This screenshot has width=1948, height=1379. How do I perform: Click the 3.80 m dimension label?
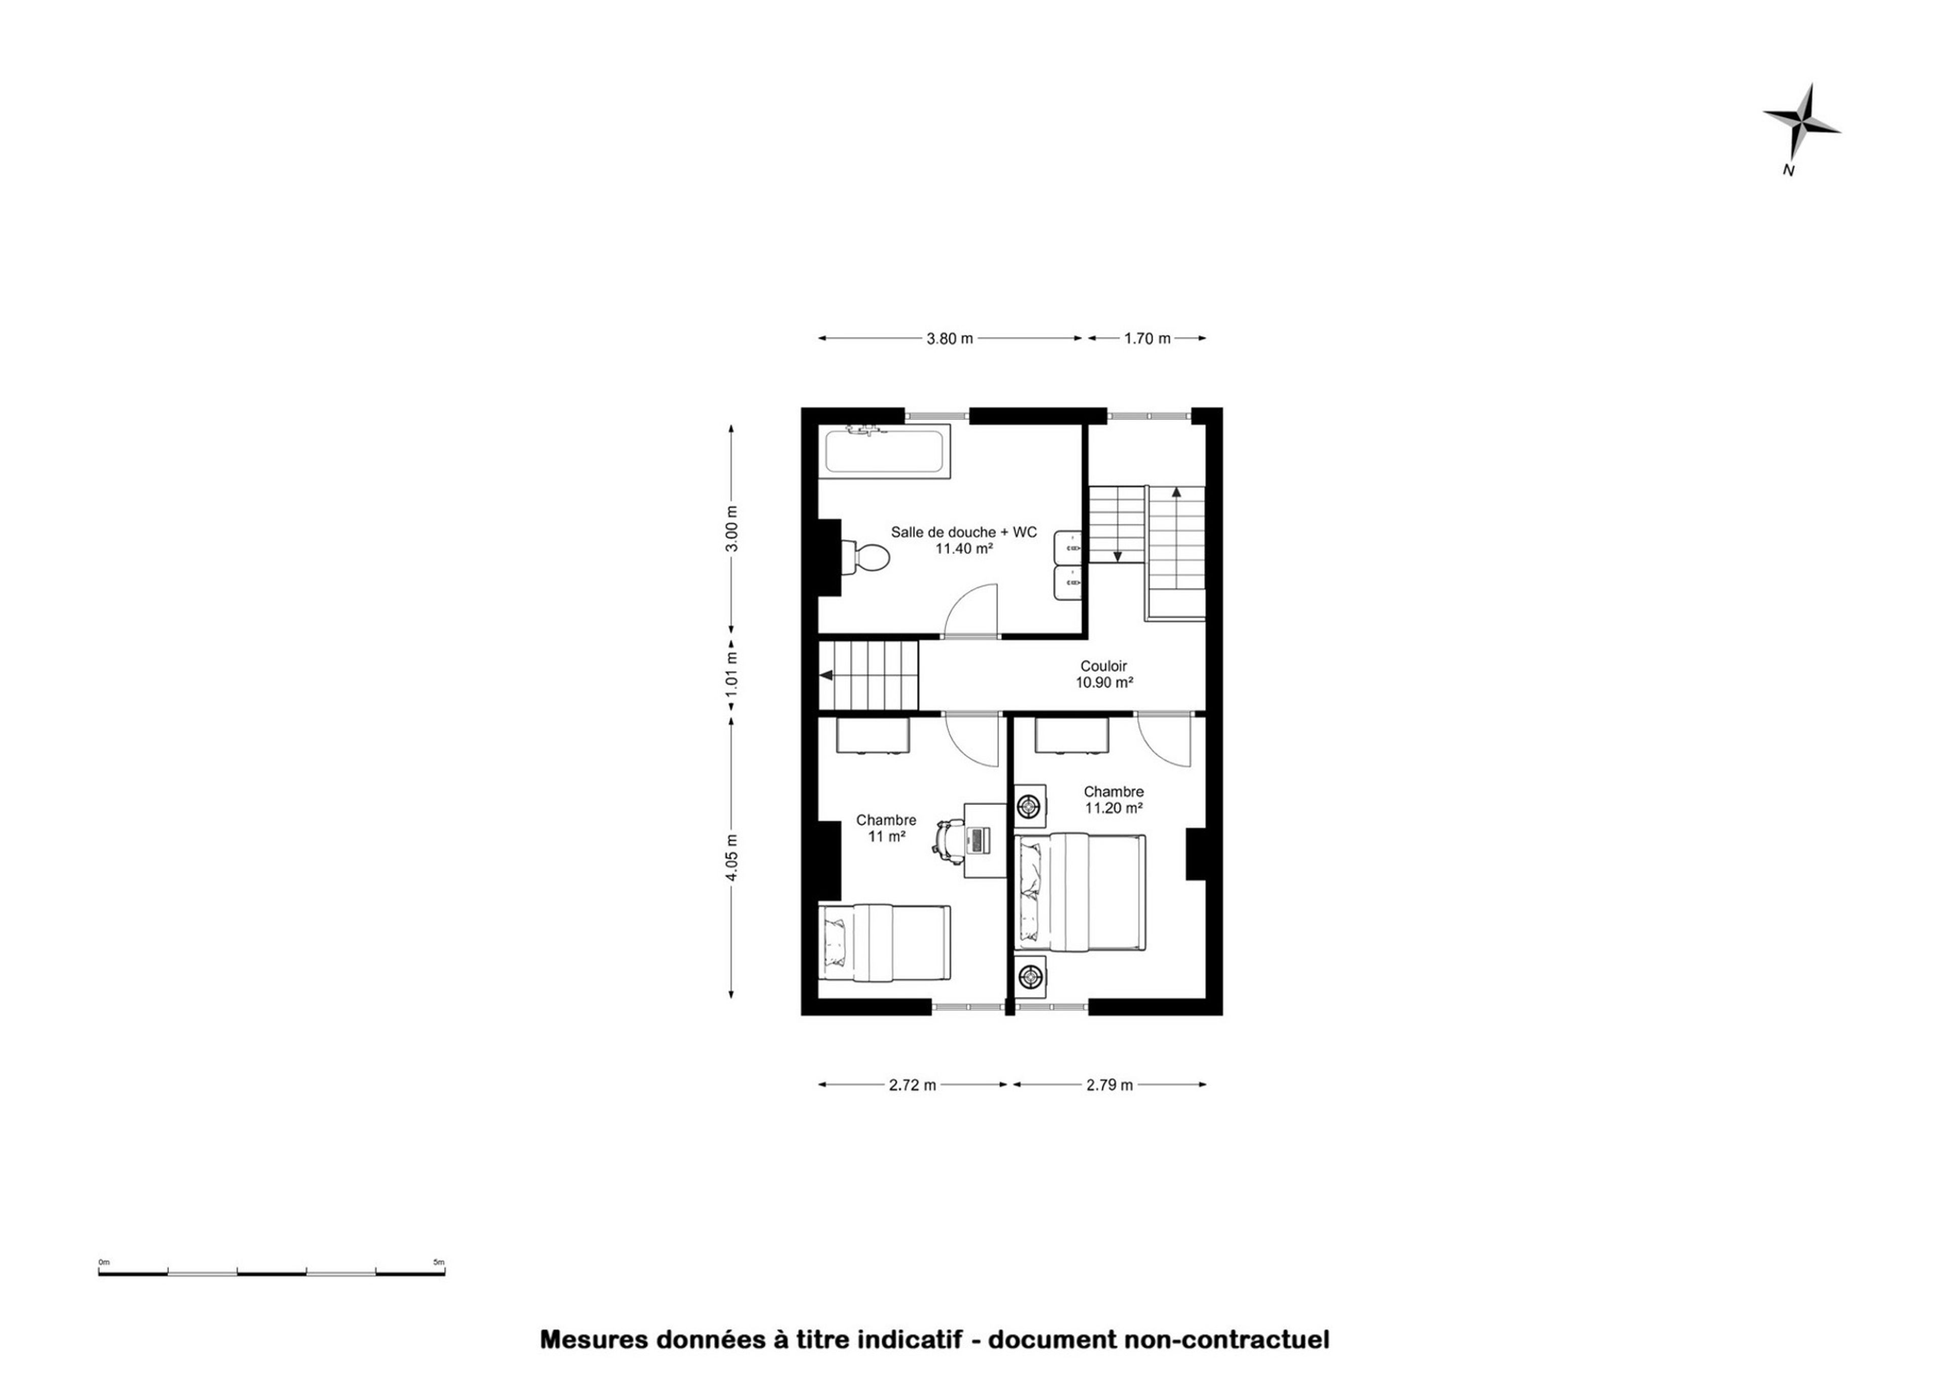pyautogui.click(x=950, y=339)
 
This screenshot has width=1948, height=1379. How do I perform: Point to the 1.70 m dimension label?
pyautogui.click(x=1146, y=339)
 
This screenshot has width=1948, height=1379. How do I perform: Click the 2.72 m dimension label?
pyautogui.click(x=913, y=1084)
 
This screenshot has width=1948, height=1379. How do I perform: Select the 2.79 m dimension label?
pyautogui.click(x=1109, y=1084)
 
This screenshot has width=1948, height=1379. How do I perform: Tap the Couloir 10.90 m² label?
pyautogui.click(x=1104, y=674)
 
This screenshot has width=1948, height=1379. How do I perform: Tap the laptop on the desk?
pyautogui.click(x=977, y=840)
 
